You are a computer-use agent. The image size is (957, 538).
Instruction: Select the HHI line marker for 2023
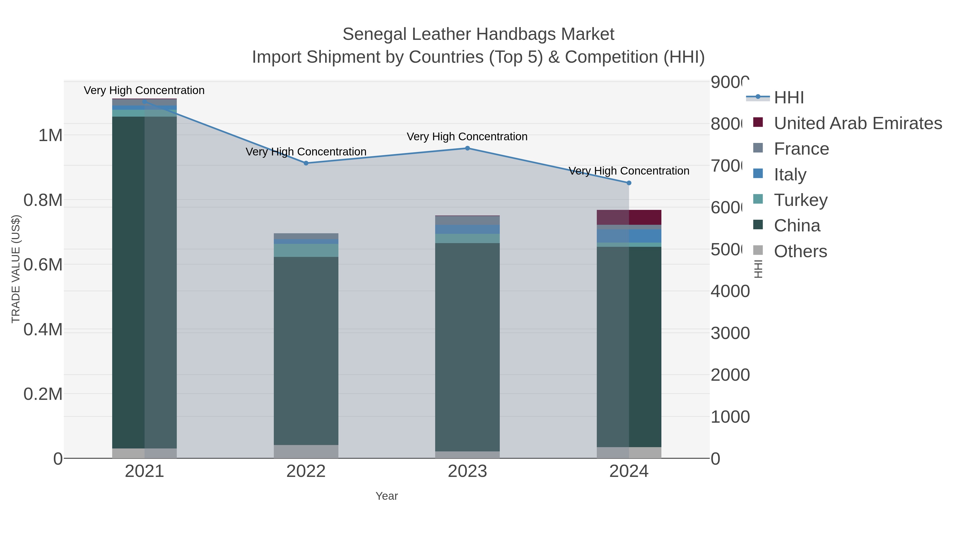(467, 148)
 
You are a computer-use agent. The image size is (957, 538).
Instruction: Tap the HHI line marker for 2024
(629, 183)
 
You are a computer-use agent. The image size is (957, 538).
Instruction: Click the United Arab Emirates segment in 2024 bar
(629, 217)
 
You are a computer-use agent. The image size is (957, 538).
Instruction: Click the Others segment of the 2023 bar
(467, 455)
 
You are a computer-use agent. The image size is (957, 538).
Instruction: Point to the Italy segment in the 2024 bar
(629, 236)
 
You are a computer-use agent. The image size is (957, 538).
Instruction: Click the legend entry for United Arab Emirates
(857, 123)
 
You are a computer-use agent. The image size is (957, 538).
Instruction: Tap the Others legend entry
(800, 251)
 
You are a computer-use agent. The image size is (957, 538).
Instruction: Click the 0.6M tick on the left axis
(43, 265)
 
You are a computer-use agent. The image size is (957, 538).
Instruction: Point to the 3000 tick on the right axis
(730, 333)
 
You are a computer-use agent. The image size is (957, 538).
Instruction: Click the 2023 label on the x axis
(467, 472)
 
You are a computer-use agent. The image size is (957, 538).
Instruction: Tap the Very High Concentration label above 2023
(467, 137)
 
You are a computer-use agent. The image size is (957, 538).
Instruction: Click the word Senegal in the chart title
(375, 34)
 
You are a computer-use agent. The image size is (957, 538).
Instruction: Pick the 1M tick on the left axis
(51, 135)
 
